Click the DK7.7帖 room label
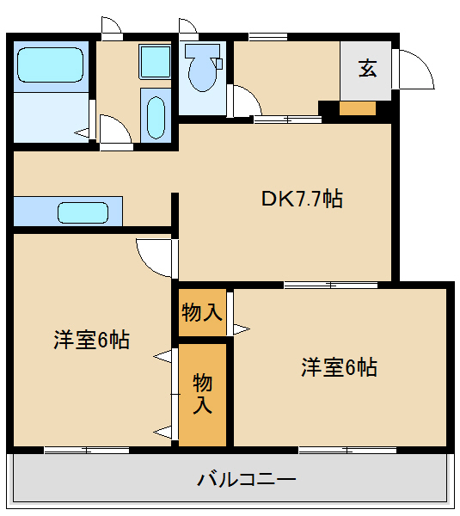pos(302,200)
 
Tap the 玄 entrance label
pos(367,69)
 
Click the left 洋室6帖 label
pos(92,340)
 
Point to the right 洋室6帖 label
pos(339,367)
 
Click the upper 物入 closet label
pos(203,312)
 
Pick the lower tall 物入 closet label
pos(202,394)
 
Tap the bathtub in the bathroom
pos(50,64)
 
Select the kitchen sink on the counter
pos(83,212)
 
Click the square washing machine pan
pos(156,63)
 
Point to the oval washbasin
pos(156,116)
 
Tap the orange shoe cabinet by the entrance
pos(358,108)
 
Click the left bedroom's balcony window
pos(86,448)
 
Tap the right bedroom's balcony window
pos(347,448)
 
